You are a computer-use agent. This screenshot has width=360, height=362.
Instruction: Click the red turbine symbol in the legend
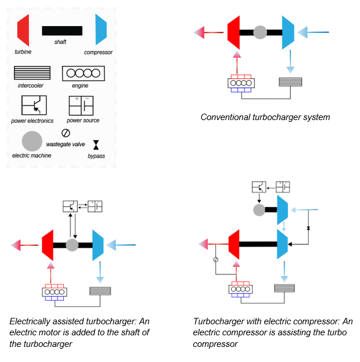click(x=24, y=30)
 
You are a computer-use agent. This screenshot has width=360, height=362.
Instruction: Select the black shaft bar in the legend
click(x=62, y=31)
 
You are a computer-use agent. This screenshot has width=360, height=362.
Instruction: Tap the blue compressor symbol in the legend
click(x=101, y=30)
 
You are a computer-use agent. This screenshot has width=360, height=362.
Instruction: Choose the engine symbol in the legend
click(x=83, y=73)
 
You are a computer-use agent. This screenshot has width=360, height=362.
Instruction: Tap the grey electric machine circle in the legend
click(x=32, y=141)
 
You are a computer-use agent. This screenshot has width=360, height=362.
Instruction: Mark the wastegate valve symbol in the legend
click(x=66, y=132)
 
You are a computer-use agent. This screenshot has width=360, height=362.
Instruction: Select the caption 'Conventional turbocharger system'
click(x=265, y=117)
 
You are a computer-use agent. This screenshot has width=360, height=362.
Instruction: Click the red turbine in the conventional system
click(x=235, y=32)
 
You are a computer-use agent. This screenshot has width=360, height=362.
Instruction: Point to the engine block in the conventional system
click(x=240, y=82)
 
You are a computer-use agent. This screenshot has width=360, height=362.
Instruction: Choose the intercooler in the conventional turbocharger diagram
click(x=287, y=82)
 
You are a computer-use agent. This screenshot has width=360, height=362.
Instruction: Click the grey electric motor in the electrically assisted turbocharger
click(x=72, y=245)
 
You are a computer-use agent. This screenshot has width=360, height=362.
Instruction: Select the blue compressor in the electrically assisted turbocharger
click(x=98, y=245)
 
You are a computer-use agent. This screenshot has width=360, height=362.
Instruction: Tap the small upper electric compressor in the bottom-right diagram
click(x=283, y=209)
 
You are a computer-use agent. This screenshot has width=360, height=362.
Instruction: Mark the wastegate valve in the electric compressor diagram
click(x=215, y=259)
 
